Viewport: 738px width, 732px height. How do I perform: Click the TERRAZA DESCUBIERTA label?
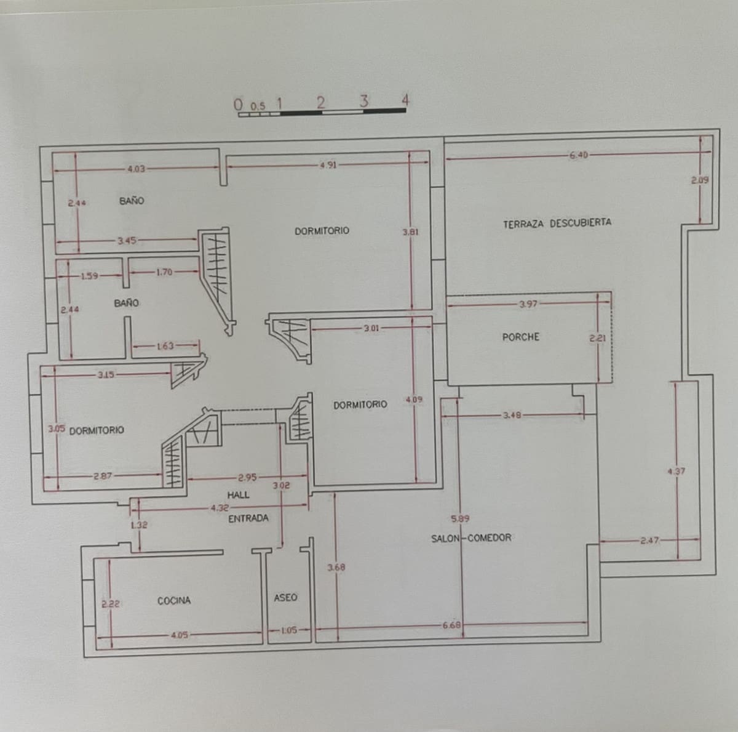point(557,223)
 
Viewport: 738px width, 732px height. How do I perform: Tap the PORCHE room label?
point(520,337)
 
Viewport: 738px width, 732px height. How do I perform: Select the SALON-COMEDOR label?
point(471,537)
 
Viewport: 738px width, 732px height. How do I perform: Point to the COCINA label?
point(174,600)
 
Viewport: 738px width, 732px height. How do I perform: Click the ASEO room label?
point(285,597)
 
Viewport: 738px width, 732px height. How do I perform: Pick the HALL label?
point(238,494)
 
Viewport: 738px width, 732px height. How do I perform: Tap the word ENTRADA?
point(248,518)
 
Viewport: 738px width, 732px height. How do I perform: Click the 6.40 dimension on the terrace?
point(578,155)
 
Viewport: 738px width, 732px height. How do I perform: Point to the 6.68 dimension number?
point(451,625)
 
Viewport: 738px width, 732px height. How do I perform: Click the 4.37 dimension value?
point(676,472)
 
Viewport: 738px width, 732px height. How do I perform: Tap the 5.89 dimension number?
point(460,519)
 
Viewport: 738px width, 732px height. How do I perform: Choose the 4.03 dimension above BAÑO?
point(135,169)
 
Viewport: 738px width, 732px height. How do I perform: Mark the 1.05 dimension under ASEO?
point(288,630)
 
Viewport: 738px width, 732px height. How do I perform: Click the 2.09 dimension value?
point(700,180)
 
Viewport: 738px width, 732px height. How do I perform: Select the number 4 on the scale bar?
point(405,99)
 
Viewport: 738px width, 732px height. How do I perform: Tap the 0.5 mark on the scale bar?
point(258,106)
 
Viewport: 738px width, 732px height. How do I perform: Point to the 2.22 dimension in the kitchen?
point(110,604)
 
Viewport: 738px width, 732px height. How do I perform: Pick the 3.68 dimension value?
point(336,568)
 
